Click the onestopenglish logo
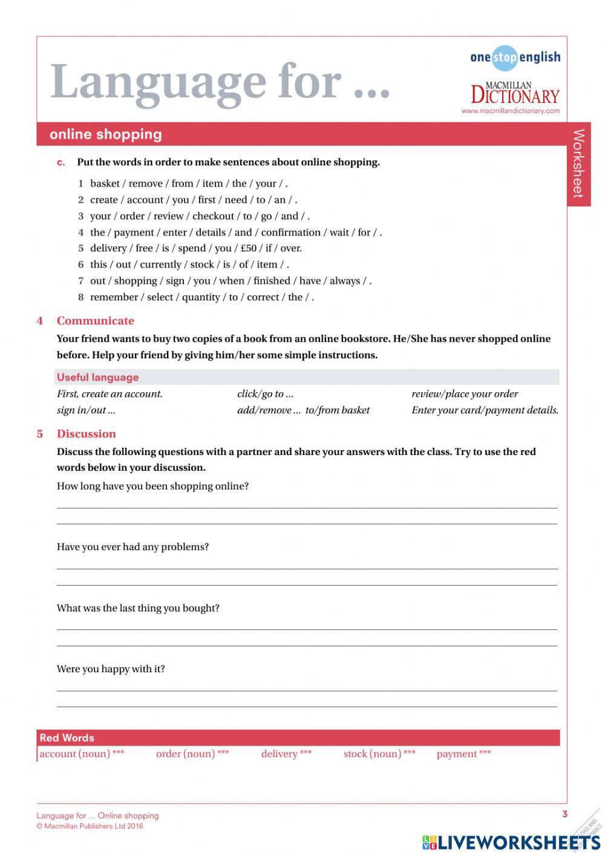coord(515,57)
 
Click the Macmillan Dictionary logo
coord(515,93)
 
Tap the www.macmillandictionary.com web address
coord(510,111)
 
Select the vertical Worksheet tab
coord(578,163)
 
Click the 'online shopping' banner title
coord(106,134)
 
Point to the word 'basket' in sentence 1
coord(105,183)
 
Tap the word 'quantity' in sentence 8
coord(201,297)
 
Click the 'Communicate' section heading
coord(96,321)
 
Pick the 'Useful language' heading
coord(98,378)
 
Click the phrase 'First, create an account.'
coord(110,394)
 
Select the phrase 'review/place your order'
coord(464,394)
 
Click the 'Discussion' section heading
coord(86,434)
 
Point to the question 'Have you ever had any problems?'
coord(132,547)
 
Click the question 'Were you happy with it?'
coord(111,669)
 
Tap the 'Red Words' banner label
coord(67,738)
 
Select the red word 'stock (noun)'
coord(372,754)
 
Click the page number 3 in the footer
coord(564,814)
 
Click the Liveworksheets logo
coord(511,842)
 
